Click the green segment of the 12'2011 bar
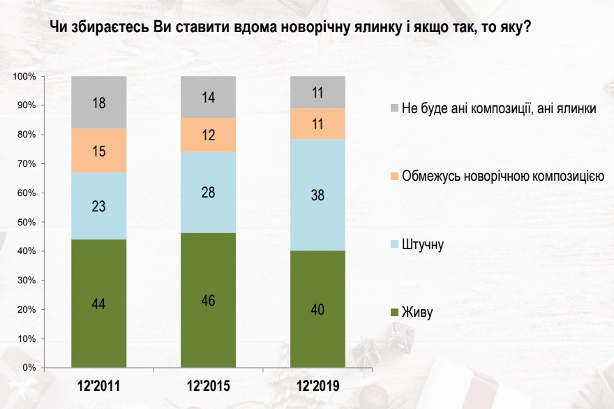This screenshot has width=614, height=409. [x=98, y=303]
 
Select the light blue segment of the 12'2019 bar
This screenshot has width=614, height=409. [x=318, y=195]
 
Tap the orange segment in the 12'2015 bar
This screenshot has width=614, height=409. [x=208, y=135]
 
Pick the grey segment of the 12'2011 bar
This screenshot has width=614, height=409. [x=98, y=102]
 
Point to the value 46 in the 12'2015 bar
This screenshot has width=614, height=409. [x=208, y=301]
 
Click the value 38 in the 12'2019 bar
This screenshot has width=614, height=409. [x=318, y=197]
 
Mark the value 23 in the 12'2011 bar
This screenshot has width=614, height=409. [x=98, y=207]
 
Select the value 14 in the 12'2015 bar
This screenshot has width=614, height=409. [x=208, y=98]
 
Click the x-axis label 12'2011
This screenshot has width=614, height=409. [x=98, y=385]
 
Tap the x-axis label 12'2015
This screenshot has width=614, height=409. [x=208, y=385]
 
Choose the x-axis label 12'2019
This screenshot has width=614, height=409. [x=318, y=385]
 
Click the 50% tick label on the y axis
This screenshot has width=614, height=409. [x=27, y=222]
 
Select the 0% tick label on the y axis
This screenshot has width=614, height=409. [x=29, y=367]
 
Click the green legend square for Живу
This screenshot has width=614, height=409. [x=395, y=312]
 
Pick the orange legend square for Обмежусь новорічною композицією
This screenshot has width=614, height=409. [x=395, y=177]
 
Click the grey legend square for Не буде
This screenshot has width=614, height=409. [x=395, y=109]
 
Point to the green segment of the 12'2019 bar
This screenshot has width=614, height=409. [x=318, y=308]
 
